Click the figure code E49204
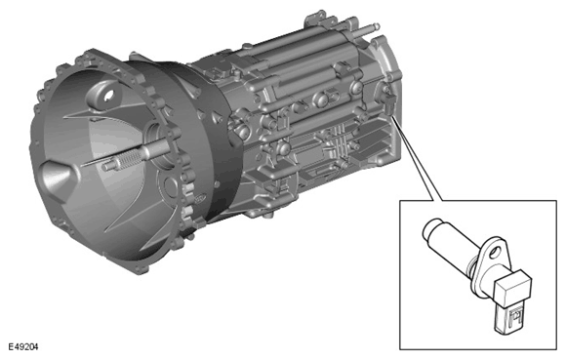23,347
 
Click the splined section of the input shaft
128,159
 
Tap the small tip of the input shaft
106,167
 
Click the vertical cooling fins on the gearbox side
339,142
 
